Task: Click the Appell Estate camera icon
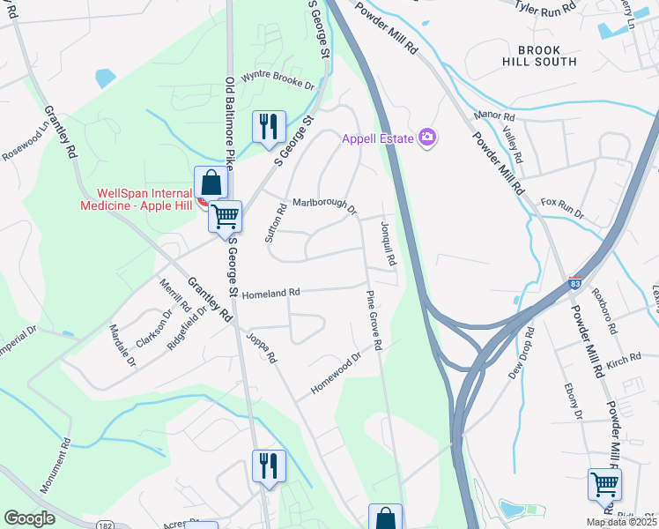click(x=428, y=137)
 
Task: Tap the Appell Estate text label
click(x=379, y=138)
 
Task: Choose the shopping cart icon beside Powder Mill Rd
click(x=604, y=483)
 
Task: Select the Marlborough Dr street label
click(x=324, y=205)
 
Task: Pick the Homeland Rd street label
click(x=271, y=293)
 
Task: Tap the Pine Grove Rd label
click(x=374, y=322)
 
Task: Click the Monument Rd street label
click(x=54, y=466)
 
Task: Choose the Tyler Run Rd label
click(x=545, y=7)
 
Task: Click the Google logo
click(x=30, y=518)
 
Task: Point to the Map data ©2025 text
click(x=620, y=522)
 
